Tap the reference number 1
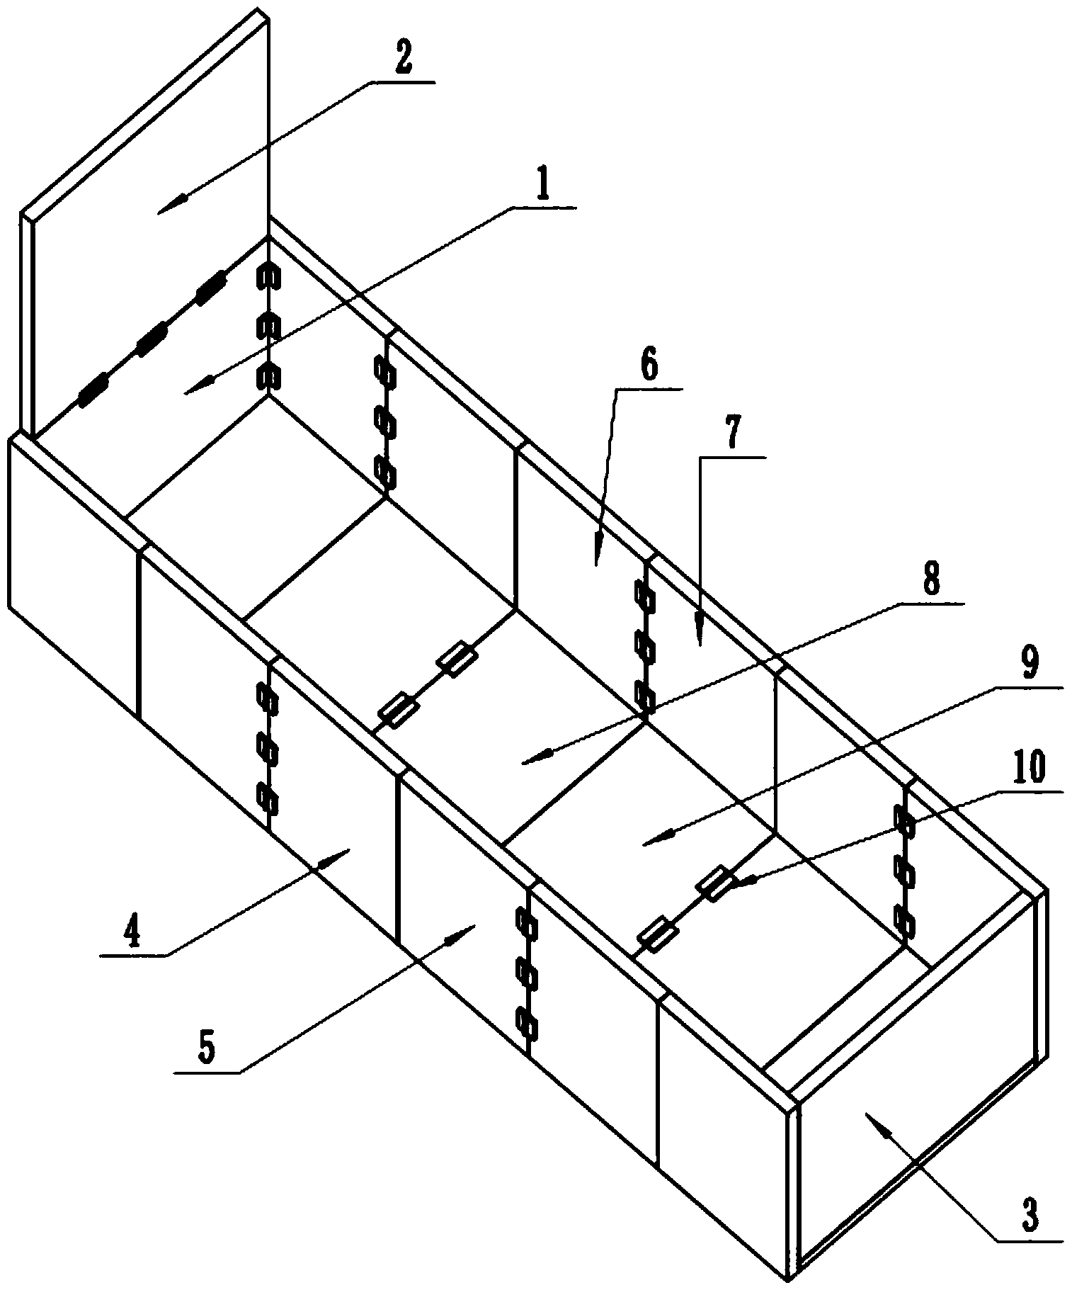point(544,186)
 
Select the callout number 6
point(649,367)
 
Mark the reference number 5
point(207,1051)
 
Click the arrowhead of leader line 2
point(160,210)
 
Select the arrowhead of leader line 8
point(524,763)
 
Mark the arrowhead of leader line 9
point(644,843)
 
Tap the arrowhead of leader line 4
point(348,851)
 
